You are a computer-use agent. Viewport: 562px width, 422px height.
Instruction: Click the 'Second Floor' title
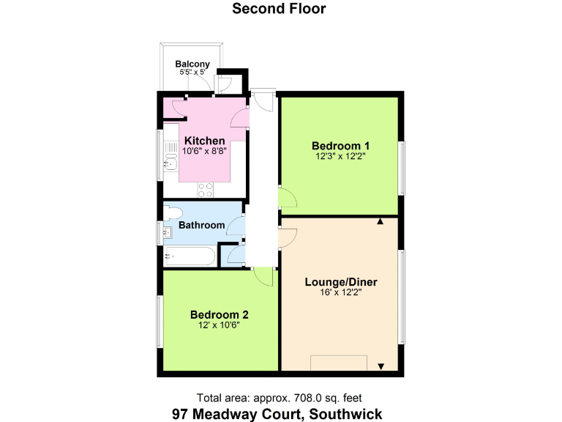tap(279, 9)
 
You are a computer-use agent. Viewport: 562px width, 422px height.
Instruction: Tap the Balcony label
tap(192, 64)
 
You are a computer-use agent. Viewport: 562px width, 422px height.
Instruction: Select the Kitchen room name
tap(204, 141)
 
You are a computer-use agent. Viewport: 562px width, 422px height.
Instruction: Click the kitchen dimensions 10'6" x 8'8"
tap(204, 152)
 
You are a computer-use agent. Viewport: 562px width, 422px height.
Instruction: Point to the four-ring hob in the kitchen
tap(206, 188)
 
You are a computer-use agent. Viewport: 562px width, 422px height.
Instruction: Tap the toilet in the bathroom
tap(172, 213)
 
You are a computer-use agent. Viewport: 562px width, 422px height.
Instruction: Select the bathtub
tap(190, 256)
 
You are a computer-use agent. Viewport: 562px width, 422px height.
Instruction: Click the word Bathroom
tap(202, 225)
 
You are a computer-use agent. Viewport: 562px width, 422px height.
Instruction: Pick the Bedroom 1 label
tap(339, 144)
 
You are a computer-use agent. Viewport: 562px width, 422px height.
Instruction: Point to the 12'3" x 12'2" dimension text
tap(339, 155)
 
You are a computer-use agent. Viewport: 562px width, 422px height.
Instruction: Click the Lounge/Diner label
tap(340, 281)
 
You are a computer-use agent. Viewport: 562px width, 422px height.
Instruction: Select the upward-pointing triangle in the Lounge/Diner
tap(381, 221)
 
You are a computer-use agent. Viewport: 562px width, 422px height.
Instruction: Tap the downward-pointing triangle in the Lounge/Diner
tap(381, 366)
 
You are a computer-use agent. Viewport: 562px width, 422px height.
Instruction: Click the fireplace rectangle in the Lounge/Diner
tap(339, 363)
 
